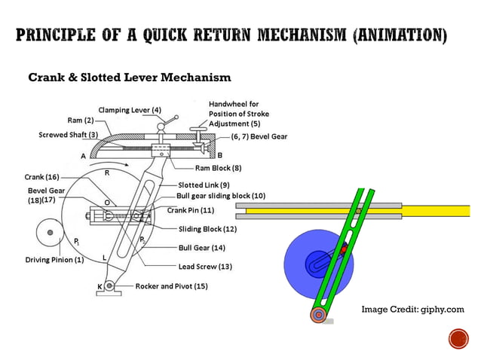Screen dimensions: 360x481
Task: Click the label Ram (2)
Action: click(x=78, y=121)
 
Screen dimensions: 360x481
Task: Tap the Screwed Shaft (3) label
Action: click(x=69, y=135)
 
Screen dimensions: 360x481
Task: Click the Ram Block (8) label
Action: click(x=218, y=168)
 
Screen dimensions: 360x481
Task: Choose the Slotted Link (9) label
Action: click(x=204, y=185)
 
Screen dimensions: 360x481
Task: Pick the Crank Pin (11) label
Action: click(x=190, y=210)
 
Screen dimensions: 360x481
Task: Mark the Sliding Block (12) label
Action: click(x=207, y=228)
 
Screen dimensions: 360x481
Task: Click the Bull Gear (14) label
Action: click(x=202, y=247)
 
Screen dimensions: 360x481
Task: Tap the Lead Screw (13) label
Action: click(x=205, y=266)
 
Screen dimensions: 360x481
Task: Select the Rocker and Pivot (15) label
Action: click(x=171, y=286)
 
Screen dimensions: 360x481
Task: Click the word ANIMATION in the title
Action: click(x=399, y=35)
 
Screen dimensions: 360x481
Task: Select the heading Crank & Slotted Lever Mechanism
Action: click(x=129, y=78)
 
